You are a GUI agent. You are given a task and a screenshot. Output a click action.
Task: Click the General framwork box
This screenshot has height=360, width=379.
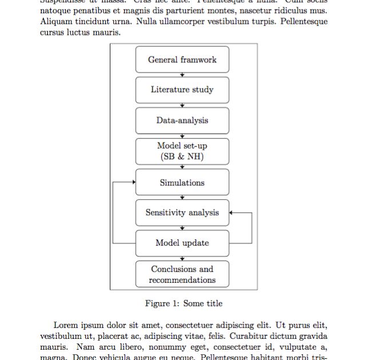tap(182, 59)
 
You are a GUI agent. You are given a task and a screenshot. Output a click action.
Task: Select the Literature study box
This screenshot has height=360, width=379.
tap(182, 90)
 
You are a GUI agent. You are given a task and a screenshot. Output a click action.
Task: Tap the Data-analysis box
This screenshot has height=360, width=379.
tap(182, 121)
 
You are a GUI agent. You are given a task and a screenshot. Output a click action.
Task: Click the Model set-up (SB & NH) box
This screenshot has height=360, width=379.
tap(182, 151)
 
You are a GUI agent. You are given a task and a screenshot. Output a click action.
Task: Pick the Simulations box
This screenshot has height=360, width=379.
tap(182, 183)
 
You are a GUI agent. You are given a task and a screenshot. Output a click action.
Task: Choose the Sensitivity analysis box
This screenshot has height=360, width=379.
tap(182, 213)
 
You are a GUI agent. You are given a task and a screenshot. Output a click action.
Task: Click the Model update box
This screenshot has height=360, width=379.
tap(182, 243)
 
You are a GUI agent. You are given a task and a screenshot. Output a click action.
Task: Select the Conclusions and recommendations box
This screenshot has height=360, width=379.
tap(182, 274)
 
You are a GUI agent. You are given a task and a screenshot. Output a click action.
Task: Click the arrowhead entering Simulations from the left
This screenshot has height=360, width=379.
tap(133, 182)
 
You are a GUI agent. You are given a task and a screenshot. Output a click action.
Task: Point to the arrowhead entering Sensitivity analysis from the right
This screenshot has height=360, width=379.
tap(232, 213)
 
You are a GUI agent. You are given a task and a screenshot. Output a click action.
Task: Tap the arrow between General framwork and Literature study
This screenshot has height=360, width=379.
tap(182, 74)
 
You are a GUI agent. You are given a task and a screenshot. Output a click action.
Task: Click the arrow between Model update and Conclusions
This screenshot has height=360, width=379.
tap(182, 258)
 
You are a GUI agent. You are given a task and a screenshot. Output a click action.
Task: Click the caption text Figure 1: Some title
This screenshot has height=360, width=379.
tap(183, 303)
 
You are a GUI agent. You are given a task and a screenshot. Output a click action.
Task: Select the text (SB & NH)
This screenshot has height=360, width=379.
tap(182, 157)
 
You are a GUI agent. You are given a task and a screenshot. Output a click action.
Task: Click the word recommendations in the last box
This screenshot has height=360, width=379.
tap(182, 280)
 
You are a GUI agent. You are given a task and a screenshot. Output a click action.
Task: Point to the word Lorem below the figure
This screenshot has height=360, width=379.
tap(65, 325)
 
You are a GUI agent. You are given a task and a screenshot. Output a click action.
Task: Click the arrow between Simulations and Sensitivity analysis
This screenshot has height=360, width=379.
tap(182, 197)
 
